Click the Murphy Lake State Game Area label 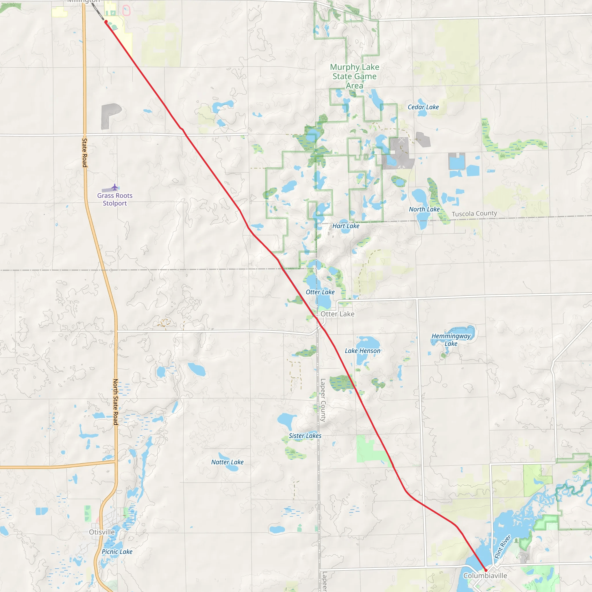coord(354,76)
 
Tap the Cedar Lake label coord(423,107)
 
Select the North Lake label coord(424,209)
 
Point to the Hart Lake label coord(346,226)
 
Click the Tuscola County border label coord(474,213)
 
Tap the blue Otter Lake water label coord(320,292)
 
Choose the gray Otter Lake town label coord(337,314)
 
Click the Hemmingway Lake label coord(451,340)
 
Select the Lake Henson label coord(362,351)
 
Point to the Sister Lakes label coord(305,436)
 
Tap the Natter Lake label coord(227,462)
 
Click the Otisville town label coord(102,532)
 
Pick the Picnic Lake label coord(117,552)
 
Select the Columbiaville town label coord(485,576)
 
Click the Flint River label coord(503,547)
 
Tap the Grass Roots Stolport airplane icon coord(114,187)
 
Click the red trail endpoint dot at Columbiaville coord(486,570)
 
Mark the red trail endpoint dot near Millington coord(106,22)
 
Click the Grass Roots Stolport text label coord(115,199)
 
